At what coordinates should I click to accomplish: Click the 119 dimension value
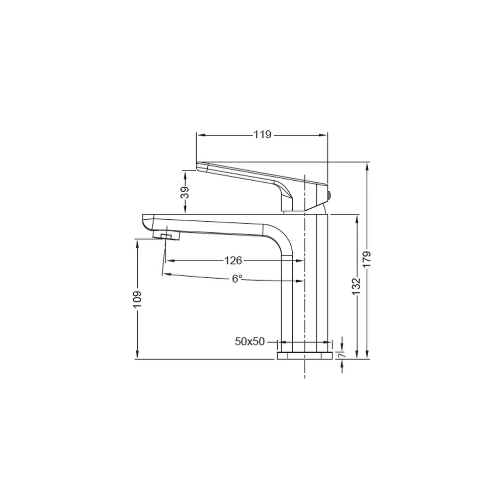point(263,135)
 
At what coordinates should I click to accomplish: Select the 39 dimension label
point(185,193)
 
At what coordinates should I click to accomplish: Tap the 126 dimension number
point(233,261)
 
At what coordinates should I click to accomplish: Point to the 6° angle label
point(237,279)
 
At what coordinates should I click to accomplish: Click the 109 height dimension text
point(137,299)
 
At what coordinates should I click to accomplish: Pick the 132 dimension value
point(357,287)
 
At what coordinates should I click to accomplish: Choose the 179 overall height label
point(367,260)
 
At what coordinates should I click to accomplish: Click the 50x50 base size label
point(250,342)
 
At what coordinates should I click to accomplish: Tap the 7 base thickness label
point(342,355)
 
